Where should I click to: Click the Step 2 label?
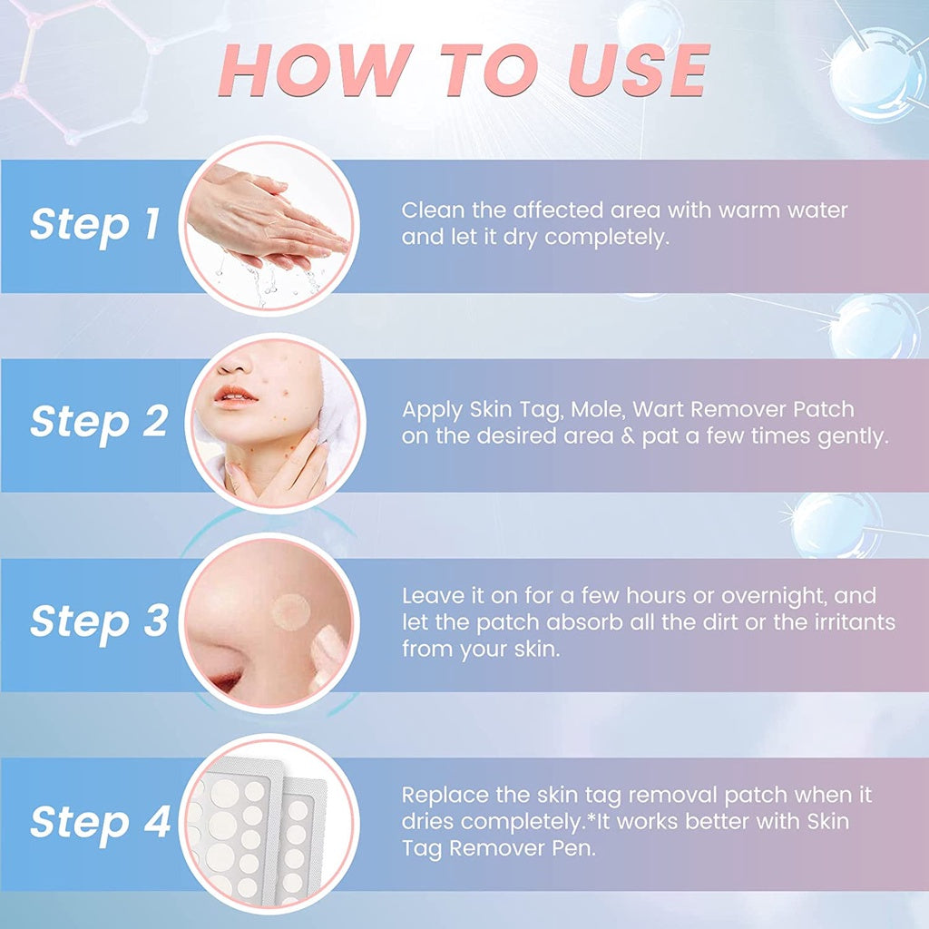(x=98, y=422)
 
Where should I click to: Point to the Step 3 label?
(x=98, y=621)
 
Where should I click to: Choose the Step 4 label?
(x=100, y=822)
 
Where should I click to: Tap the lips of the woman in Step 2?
(x=238, y=396)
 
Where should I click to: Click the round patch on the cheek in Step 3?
(x=291, y=611)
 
